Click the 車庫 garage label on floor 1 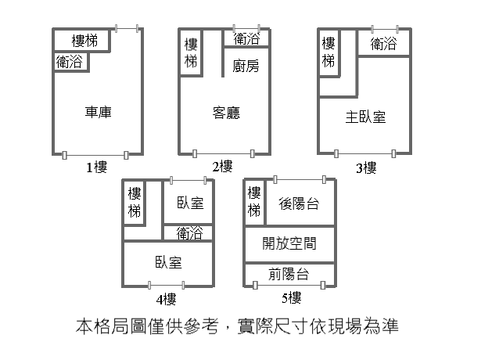click(x=99, y=112)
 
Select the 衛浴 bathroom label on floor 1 click(x=70, y=61)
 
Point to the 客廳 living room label click(x=226, y=112)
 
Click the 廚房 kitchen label click(x=246, y=67)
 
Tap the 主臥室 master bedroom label click(x=365, y=117)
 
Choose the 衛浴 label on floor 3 click(x=383, y=43)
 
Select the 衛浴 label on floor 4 click(x=189, y=232)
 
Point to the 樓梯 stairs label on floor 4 click(x=135, y=202)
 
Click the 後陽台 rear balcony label click(x=298, y=203)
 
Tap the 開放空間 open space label click(x=289, y=243)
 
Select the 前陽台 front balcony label click(x=288, y=274)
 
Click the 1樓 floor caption click(x=97, y=167)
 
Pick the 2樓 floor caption click(x=222, y=166)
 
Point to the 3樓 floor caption click(x=366, y=167)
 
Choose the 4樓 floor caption click(x=165, y=299)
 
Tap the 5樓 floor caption click(x=290, y=298)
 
